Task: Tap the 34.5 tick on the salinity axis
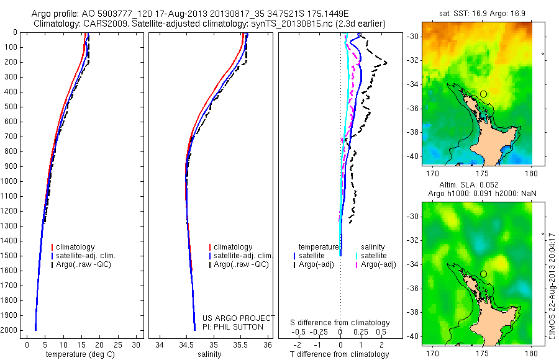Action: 186,344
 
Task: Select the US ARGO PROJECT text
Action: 239,318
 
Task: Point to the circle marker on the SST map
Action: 483,94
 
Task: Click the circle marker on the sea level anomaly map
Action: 483,274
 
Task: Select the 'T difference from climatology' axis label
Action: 340,355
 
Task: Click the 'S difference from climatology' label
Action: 340,323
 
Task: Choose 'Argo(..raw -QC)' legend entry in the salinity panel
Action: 241,264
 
